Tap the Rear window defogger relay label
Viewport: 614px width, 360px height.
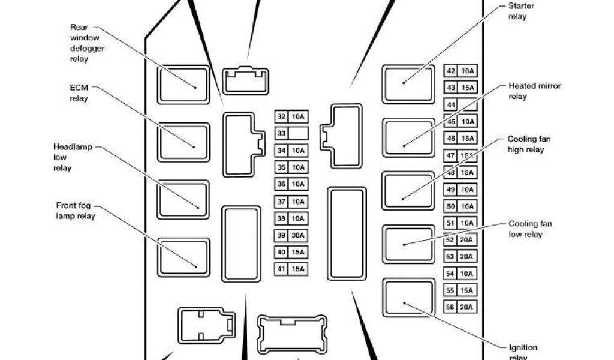tap(88, 43)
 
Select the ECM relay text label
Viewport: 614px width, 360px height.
tap(79, 93)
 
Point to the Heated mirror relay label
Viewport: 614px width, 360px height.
tap(534, 91)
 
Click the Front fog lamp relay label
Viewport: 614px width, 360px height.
tap(75, 210)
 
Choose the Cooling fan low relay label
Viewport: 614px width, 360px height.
tap(530, 229)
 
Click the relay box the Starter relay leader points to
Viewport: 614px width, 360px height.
tap(408, 83)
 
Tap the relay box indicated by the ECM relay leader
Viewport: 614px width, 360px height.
tap(184, 142)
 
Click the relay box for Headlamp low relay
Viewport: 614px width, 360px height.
tap(184, 199)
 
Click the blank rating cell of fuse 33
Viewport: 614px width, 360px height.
tap(299, 133)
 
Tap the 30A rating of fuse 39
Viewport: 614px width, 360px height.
tap(299, 235)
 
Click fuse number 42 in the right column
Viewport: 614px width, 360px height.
tap(451, 71)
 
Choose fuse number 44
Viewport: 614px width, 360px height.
tap(451, 105)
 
